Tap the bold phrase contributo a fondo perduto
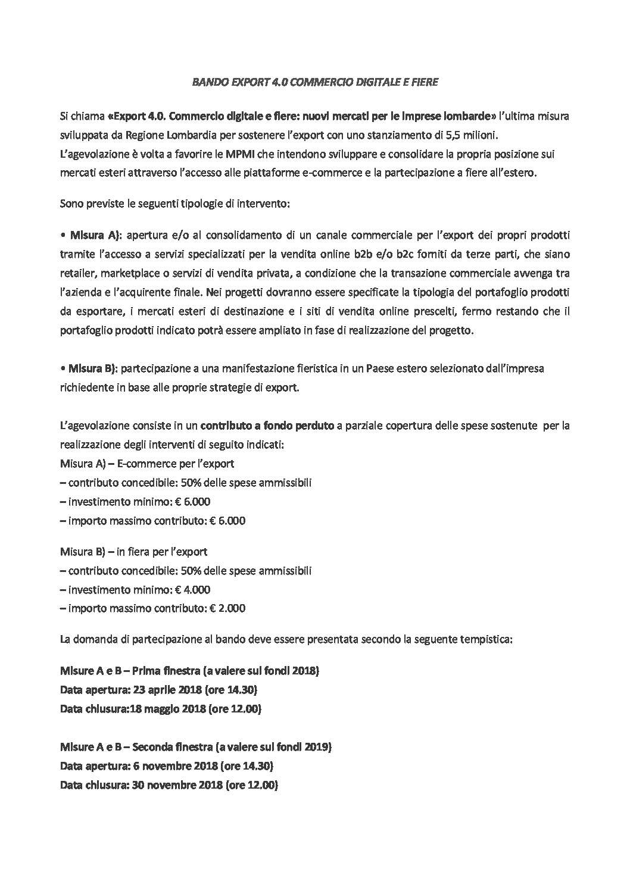click(x=267, y=426)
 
